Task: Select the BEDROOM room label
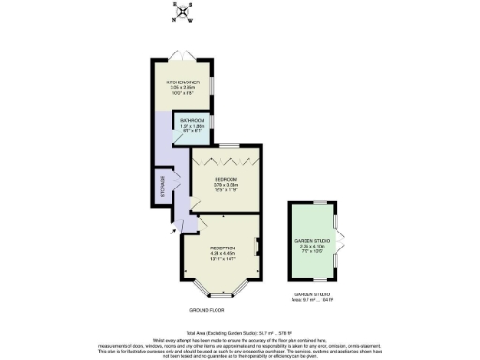click(225, 178)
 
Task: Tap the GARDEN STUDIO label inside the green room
click(314, 241)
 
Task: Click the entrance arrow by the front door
click(173, 228)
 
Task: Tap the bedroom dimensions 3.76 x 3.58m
click(225, 184)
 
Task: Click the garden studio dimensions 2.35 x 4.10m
click(314, 247)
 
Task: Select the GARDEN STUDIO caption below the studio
click(313, 293)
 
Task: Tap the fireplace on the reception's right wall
click(256, 247)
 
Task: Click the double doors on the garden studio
click(338, 240)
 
